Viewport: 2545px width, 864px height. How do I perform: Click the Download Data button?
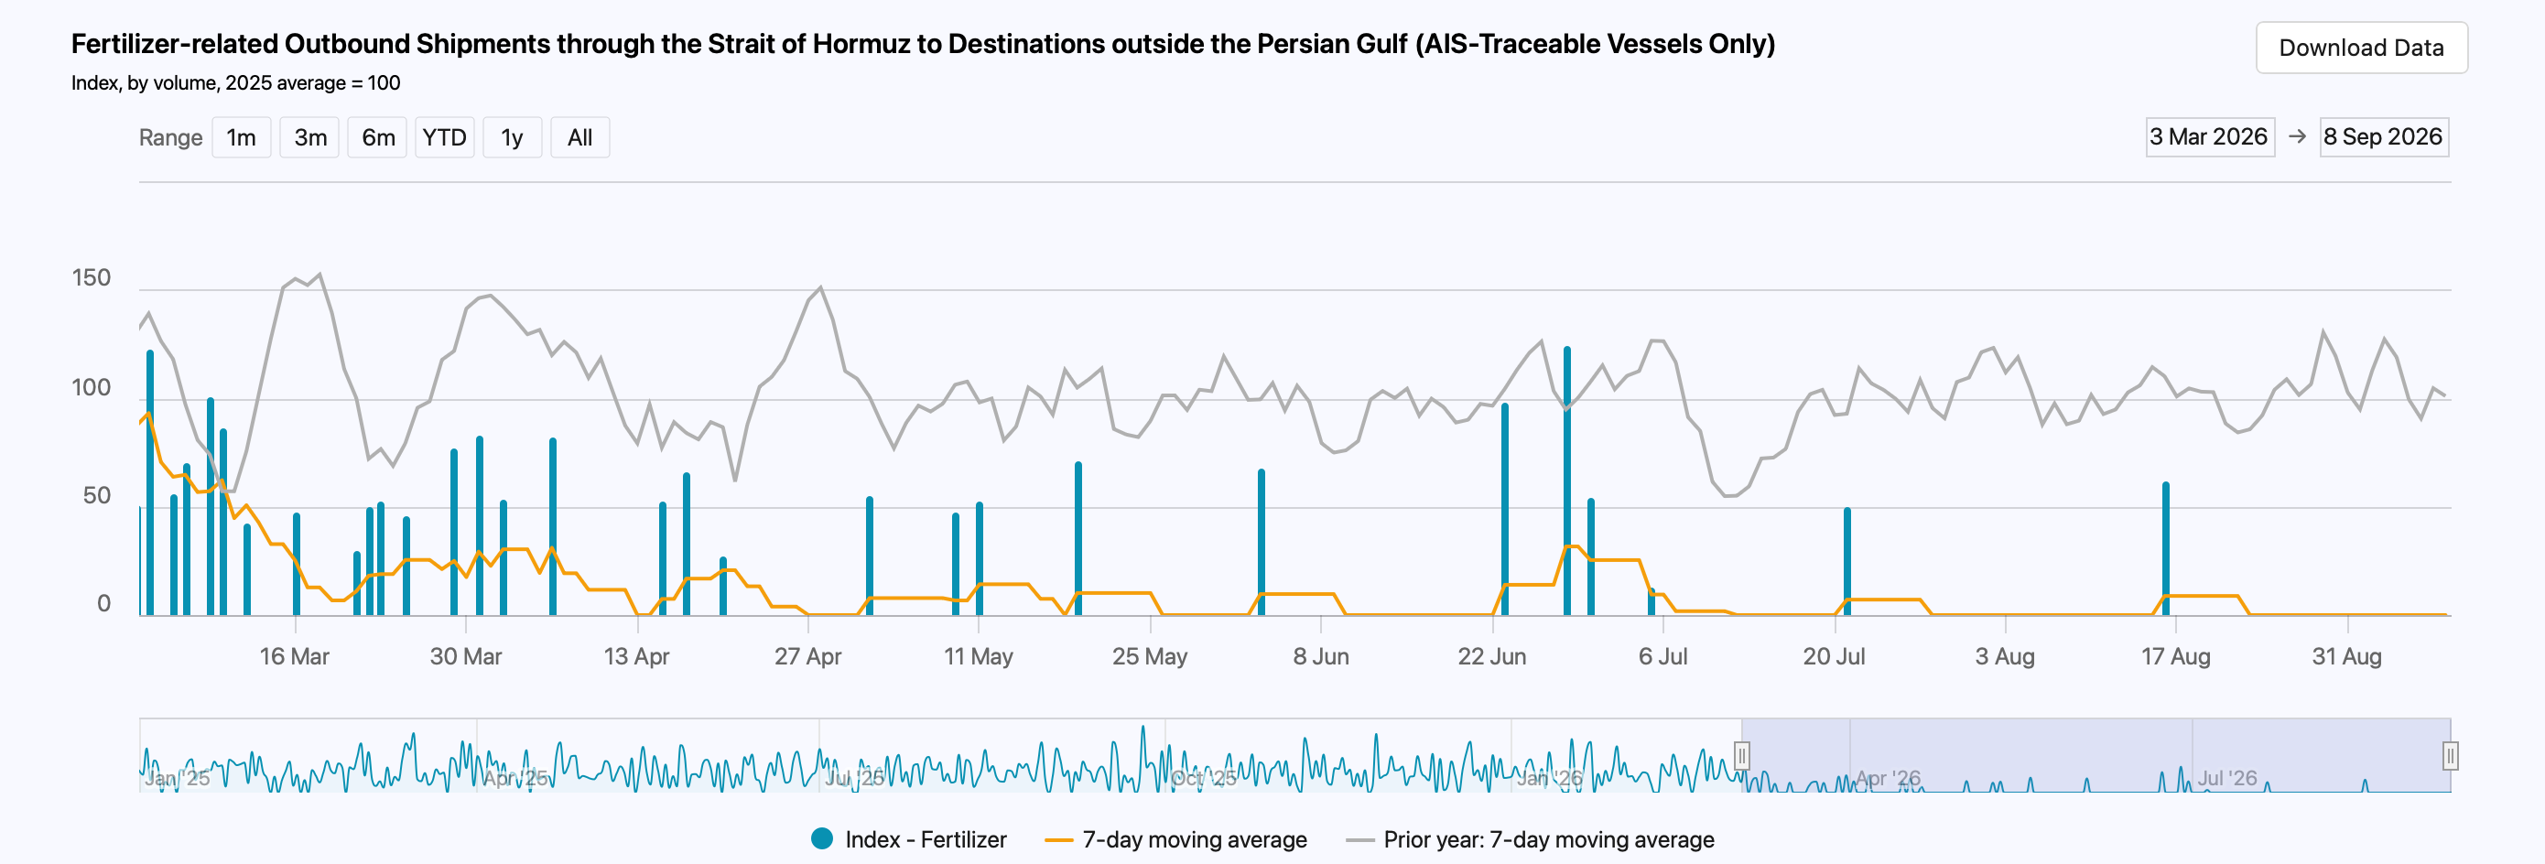pos(2361,48)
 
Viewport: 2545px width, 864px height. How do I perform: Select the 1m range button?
pos(241,137)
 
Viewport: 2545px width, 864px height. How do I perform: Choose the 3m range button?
pos(310,137)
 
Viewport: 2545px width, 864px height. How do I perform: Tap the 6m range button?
pos(377,137)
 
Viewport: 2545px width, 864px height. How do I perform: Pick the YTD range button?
pos(445,137)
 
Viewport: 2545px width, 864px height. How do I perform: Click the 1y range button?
pos(512,137)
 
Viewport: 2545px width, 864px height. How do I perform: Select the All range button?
pos(579,137)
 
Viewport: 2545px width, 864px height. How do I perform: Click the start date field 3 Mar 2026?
pos(2209,137)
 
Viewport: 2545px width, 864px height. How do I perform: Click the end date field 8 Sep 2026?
pos(2383,137)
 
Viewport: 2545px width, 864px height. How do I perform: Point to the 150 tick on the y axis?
pos(91,277)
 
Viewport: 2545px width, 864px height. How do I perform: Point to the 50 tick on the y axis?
pos(97,496)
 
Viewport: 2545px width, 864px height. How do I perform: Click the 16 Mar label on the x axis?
pos(295,656)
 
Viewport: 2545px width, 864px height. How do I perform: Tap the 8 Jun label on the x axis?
pos(1321,656)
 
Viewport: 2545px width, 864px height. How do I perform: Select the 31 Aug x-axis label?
pos(2346,656)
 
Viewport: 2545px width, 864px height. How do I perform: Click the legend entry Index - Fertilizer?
pos(909,839)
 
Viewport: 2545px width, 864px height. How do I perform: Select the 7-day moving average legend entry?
pos(1175,839)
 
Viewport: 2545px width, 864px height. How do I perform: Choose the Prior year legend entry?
pos(1531,839)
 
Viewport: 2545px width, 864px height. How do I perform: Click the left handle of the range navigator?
pos(1742,756)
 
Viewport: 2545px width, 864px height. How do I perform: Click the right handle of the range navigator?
pos(2450,756)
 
